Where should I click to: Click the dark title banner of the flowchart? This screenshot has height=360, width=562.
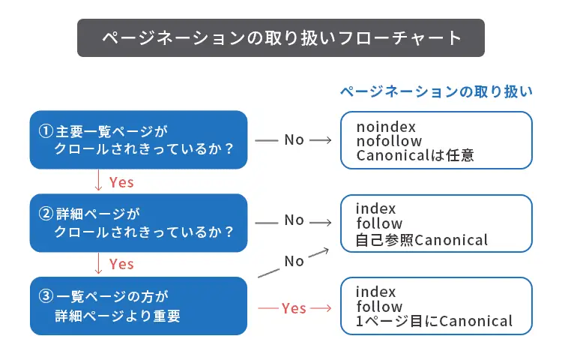tap(281, 38)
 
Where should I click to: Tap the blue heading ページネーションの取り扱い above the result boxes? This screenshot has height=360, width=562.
tap(436, 91)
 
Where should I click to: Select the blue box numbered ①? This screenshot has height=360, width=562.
tap(139, 139)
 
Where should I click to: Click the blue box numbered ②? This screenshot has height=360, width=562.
tap(139, 223)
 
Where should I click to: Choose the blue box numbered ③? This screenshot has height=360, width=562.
tap(139, 306)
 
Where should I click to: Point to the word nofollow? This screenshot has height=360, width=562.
tap(389, 141)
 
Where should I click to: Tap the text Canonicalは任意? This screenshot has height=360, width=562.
tap(415, 156)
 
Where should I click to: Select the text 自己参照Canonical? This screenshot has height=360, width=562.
tap(422, 240)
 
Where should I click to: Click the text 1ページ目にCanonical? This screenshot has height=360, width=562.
tap(434, 322)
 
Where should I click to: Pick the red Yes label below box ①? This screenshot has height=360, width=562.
tap(121, 181)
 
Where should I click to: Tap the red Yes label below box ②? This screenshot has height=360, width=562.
tap(121, 264)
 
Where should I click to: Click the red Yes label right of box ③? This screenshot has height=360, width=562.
tap(294, 307)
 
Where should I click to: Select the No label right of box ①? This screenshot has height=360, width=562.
tap(294, 139)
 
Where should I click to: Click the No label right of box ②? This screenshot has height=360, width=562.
tap(294, 220)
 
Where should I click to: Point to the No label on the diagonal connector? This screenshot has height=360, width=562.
tap(294, 261)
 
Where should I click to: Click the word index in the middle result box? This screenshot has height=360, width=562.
tap(375, 208)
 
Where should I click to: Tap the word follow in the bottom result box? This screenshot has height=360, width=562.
tap(378, 307)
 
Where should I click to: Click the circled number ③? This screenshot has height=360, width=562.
tap(44, 296)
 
